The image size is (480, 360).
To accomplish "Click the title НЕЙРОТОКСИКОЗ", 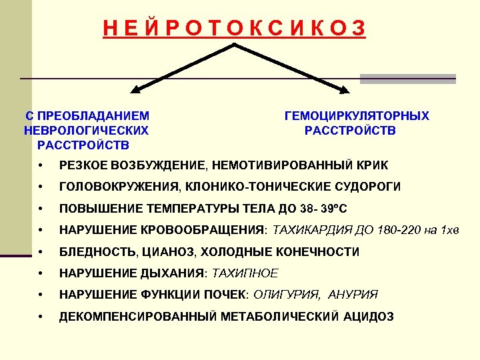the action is click(234, 27).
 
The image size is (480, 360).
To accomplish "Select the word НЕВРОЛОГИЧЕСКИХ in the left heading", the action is click(86, 130).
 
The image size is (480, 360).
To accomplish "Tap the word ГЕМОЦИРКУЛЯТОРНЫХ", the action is click(357, 116).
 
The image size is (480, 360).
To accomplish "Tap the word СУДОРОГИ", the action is click(369, 187).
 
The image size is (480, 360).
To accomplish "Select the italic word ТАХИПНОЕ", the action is click(245, 273).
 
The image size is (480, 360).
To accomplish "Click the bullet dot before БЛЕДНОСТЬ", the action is click(41, 253).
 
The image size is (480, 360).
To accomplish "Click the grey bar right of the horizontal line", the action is click(408, 79).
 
